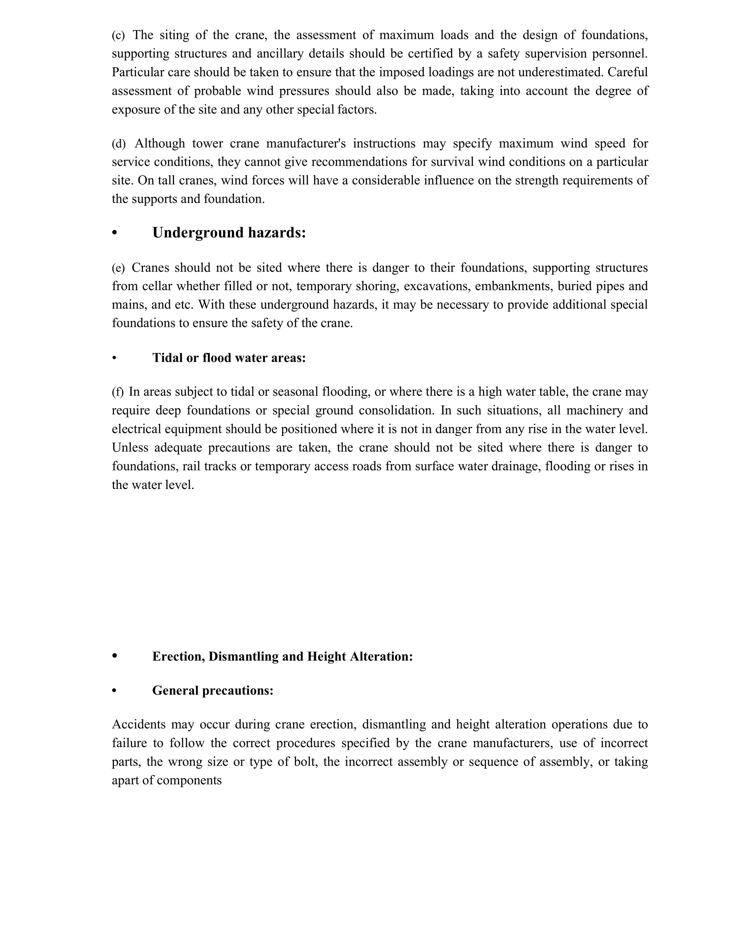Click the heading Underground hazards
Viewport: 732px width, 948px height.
(229, 233)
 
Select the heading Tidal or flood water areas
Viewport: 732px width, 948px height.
(229, 358)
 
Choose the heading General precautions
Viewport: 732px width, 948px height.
(213, 690)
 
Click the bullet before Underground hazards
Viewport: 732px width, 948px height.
(114, 233)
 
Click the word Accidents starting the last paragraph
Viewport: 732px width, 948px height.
(139, 724)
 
